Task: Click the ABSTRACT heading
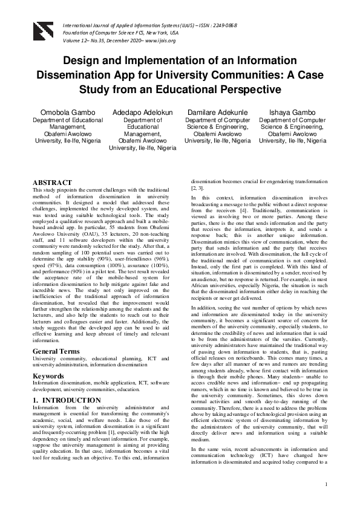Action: (52, 182)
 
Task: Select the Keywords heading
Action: (50, 376)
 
